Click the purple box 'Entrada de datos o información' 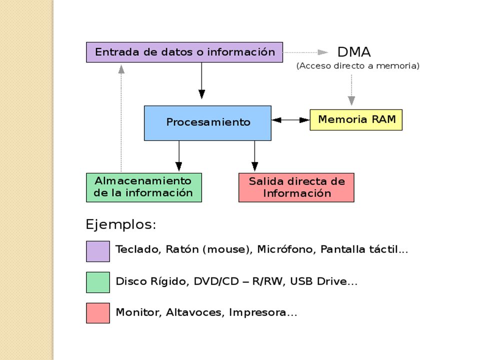click(184, 52)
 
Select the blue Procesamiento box click(207, 123)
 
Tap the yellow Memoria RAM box click(356, 119)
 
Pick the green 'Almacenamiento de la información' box click(144, 187)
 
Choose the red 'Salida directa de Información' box click(296, 187)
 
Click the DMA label click(354, 52)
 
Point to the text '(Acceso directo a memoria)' click(357, 66)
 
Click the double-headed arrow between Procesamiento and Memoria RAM click(290, 120)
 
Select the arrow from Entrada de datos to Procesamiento click(201, 80)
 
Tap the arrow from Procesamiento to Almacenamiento click(179, 156)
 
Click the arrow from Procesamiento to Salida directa click(254, 156)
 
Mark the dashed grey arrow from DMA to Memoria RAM click(351, 90)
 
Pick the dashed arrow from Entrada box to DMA click(305, 52)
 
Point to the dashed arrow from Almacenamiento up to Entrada click(121, 118)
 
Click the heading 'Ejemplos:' click(121, 225)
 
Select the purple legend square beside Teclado click(98, 251)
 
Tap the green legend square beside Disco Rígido click(98, 282)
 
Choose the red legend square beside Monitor click(98, 313)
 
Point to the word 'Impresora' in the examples click(257, 313)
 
